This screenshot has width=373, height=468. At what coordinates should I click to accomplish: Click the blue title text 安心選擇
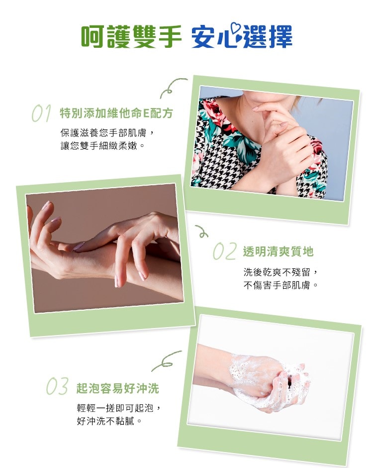click(x=242, y=36)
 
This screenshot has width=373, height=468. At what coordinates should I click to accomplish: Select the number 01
click(x=41, y=114)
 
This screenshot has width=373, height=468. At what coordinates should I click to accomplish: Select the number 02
click(x=224, y=251)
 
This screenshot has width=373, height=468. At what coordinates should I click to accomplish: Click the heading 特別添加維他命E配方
click(x=116, y=114)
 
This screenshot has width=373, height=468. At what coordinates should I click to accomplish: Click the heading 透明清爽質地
click(x=278, y=252)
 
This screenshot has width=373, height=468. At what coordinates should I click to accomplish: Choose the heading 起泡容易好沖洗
click(x=117, y=388)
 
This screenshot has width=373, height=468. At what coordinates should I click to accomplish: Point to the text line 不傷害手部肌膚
click(x=280, y=286)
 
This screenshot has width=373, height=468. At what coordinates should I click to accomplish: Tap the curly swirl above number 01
click(x=172, y=88)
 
